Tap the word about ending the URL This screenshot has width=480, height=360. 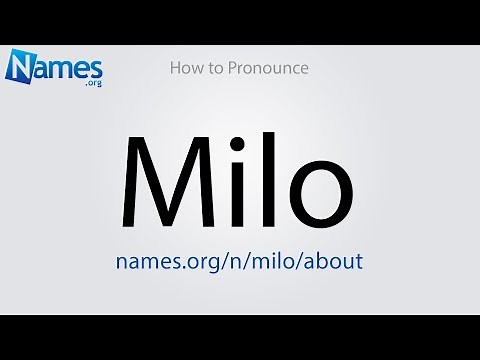[x=332, y=261]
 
